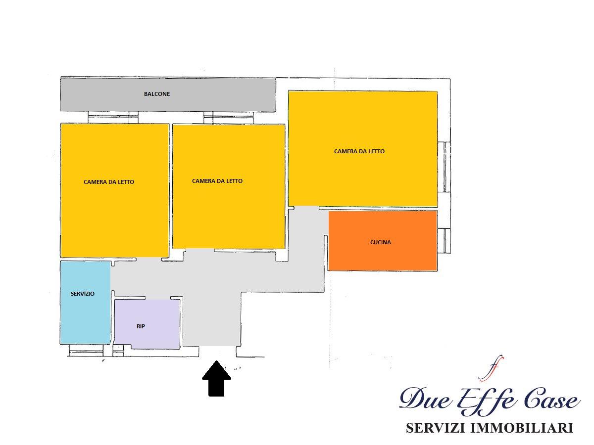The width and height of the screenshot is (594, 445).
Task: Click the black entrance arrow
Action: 216,378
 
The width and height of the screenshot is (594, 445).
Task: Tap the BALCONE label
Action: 157,94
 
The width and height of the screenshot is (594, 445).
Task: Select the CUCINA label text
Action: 380,242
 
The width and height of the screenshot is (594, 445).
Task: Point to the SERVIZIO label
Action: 83,294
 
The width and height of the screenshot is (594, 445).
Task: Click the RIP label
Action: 141,326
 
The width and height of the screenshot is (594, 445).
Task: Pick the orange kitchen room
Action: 382,240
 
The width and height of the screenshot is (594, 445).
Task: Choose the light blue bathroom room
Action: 85,303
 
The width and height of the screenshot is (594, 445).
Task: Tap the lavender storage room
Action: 147,324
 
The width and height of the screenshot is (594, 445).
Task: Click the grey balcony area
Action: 168,94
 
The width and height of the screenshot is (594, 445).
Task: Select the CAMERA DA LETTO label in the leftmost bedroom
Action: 109,182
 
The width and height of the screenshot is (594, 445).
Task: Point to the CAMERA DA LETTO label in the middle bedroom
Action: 217,181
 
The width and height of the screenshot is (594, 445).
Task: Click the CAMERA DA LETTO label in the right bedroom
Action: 359,151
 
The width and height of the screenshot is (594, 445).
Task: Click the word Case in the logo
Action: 552,400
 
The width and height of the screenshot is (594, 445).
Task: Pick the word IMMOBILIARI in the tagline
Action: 522,428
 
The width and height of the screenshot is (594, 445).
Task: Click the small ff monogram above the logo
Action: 491,368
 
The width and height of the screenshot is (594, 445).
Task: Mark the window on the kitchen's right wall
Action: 444,241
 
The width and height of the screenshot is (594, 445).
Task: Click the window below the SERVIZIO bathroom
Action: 86,351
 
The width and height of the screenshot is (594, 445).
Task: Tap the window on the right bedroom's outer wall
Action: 444,167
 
